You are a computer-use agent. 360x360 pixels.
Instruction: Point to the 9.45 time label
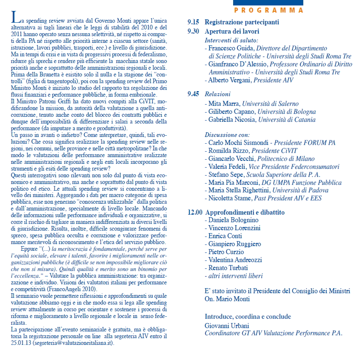tap(193, 94)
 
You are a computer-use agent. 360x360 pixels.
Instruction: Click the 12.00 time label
tap(195, 213)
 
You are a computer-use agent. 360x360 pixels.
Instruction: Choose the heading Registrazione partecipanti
tap(242, 22)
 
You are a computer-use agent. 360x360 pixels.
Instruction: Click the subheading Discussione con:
tap(227, 135)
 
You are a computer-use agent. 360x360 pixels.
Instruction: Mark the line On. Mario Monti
tap(227, 299)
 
